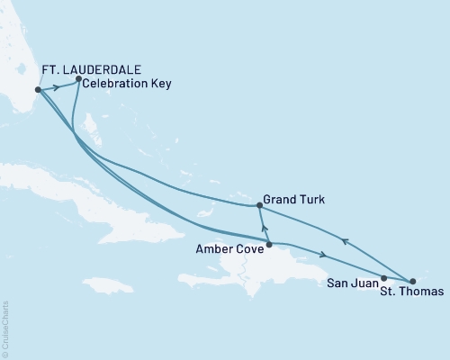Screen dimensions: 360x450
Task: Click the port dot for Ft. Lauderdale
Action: click(38, 90)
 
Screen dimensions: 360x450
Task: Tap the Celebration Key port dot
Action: click(78, 79)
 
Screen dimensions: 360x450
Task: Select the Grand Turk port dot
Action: click(259, 205)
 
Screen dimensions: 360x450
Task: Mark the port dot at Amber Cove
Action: click(268, 244)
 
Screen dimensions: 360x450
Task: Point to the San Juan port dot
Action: click(384, 278)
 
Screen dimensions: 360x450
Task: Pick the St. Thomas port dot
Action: click(412, 283)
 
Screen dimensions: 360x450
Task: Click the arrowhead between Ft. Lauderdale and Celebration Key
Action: click(58, 85)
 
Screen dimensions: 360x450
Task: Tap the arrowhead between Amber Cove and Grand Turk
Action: click(264, 226)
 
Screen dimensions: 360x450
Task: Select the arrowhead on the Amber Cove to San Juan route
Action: click(321, 255)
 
